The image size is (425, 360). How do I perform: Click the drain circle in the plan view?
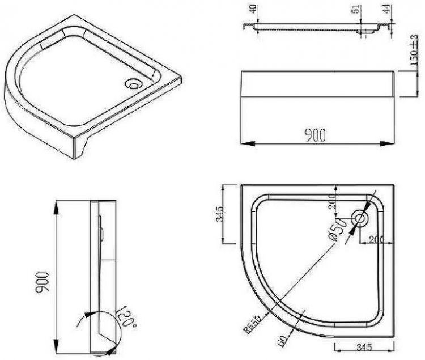tap(360, 218)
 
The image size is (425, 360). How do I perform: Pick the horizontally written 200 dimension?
tap(376, 239)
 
